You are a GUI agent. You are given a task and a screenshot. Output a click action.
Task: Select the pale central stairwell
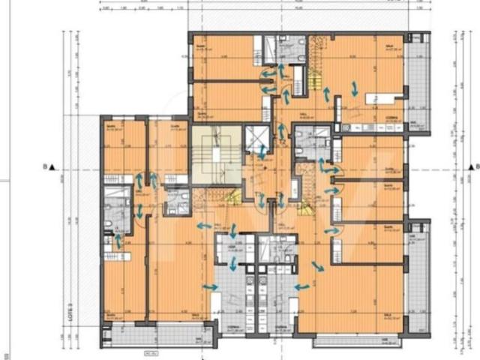coord(216,155)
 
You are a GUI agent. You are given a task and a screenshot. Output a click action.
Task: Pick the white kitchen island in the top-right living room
coord(382,98)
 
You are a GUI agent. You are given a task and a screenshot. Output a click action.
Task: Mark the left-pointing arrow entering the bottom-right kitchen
coord(303,286)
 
